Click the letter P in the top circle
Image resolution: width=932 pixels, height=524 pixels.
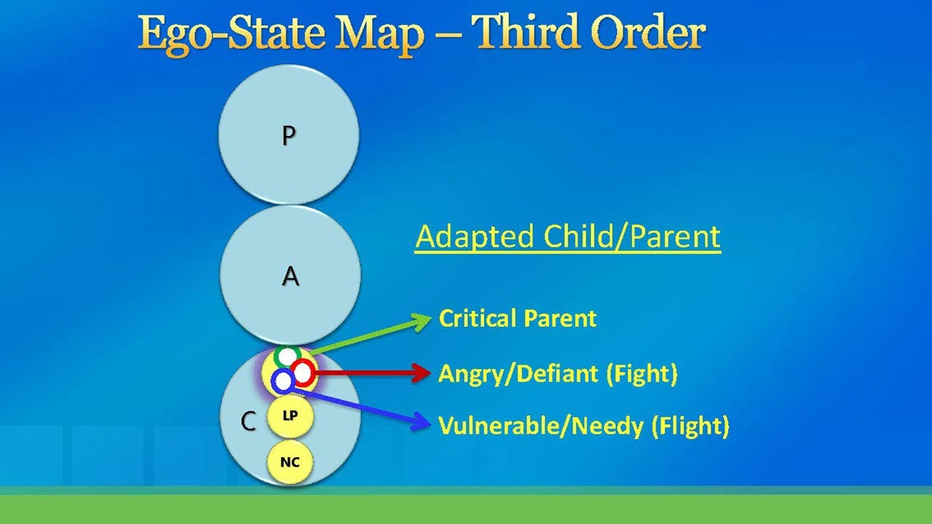[289, 136]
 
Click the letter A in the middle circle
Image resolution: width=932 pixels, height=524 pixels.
[290, 277]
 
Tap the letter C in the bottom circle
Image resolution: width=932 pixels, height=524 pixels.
[248, 421]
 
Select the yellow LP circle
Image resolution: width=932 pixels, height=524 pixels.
[290, 416]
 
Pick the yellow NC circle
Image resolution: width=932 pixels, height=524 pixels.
[290, 462]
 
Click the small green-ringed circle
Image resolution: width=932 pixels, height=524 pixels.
[288, 357]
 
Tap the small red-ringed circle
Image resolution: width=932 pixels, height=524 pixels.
[303, 373]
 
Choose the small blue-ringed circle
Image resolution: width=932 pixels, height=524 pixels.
[283, 380]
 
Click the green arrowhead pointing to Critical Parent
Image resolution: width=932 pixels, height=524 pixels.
[421, 321]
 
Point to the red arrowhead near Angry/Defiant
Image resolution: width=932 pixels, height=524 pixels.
[421, 373]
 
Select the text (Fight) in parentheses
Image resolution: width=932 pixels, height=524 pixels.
[641, 374]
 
